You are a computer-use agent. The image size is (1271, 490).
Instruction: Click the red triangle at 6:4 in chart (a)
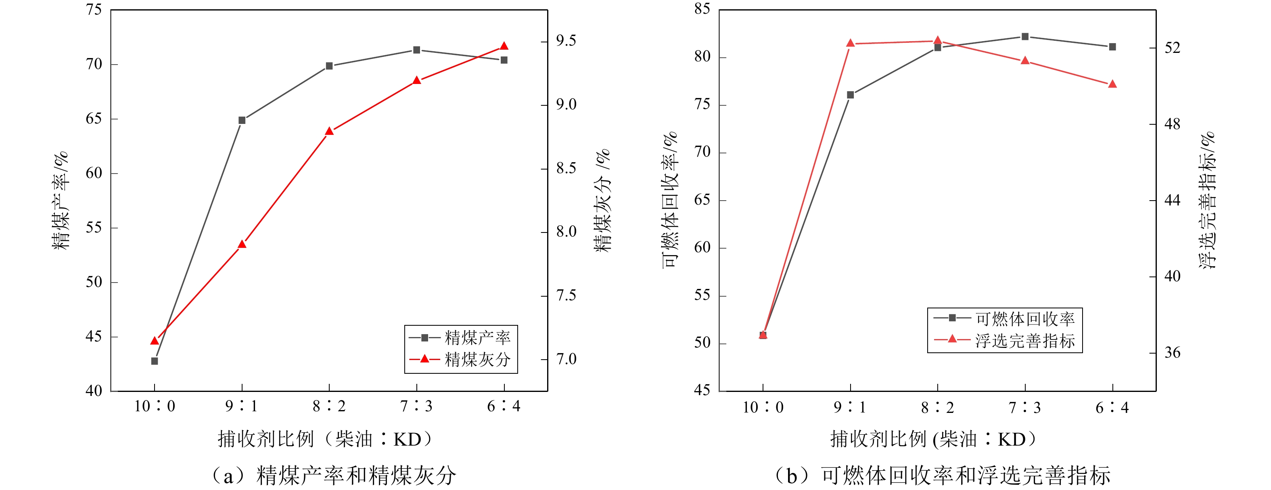coord(504,46)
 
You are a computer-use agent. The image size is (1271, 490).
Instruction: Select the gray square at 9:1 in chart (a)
coord(242,120)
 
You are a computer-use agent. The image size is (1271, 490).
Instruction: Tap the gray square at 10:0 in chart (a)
coord(155,361)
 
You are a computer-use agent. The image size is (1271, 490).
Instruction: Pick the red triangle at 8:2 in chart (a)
coord(330,131)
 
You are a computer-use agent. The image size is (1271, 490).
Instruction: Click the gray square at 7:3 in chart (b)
coord(1025,36)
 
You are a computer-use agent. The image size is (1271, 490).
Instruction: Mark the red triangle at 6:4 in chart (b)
coord(1112,84)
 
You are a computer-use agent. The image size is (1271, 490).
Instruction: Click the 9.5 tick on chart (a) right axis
coord(566,41)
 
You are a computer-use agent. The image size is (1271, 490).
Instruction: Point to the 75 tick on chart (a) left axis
coord(94,9)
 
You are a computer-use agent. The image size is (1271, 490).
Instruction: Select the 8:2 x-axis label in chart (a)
coord(329,406)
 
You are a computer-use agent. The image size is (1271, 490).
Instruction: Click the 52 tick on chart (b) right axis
coord(1172,48)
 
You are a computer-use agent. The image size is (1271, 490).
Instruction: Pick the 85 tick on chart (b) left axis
coord(702,9)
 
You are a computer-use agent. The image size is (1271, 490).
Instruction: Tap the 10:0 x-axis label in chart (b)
coord(763,407)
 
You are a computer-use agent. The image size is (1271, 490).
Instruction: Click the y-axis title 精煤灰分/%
coord(602,200)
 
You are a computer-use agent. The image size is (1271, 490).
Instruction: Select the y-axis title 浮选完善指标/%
coord(1207,200)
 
